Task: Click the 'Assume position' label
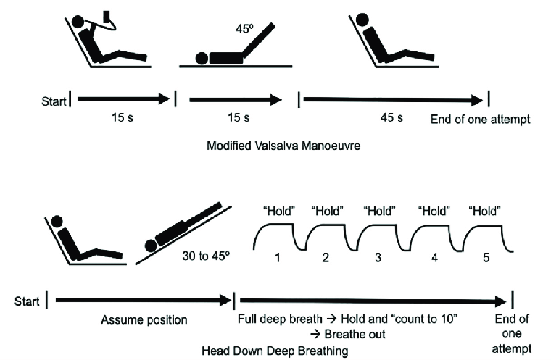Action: pos(144,319)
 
